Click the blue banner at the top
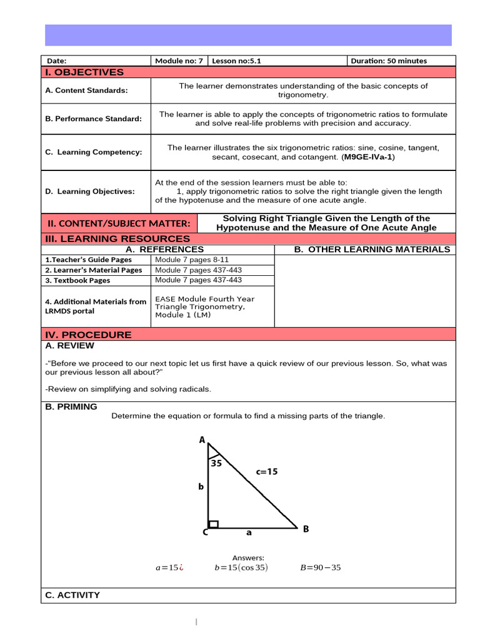(248, 35)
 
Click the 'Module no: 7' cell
(179, 61)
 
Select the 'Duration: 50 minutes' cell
(389, 61)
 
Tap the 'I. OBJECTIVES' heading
(84, 72)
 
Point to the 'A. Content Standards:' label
(86, 90)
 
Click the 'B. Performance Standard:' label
(93, 119)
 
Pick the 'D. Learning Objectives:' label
(89, 192)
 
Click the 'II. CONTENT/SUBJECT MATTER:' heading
(119, 223)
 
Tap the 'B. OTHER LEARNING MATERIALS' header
(372, 250)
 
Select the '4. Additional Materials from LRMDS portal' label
(96, 306)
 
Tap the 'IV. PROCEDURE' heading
(87, 334)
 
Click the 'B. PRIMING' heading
(71, 407)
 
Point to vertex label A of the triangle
(202, 440)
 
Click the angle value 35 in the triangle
(216, 463)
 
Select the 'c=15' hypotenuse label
(266, 472)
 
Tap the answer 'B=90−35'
(321, 567)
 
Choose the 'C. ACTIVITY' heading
(72, 595)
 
